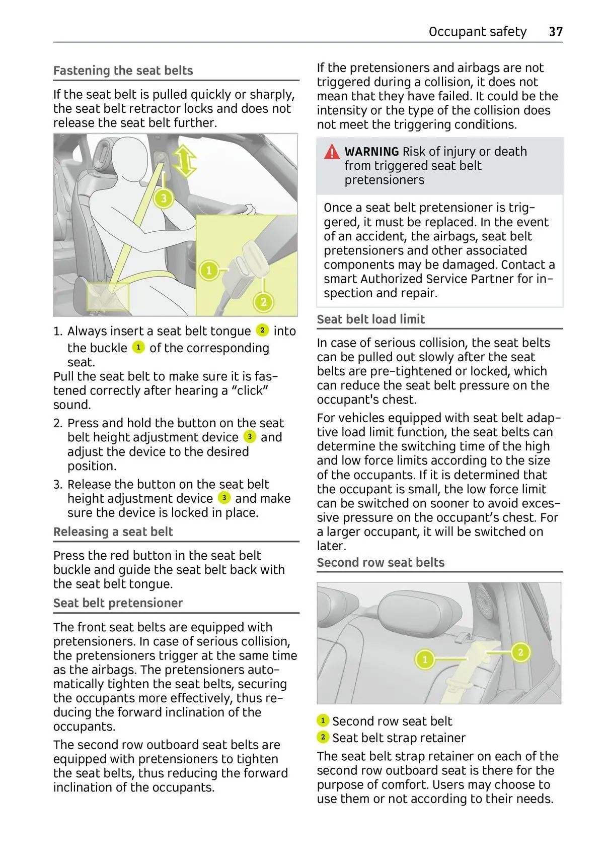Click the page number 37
[x=555, y=32]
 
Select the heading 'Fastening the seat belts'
[x=123, y=71]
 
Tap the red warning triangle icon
[x=332, y=152]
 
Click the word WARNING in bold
[x=371, y=152]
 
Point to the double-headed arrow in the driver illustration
[x=185, y=162]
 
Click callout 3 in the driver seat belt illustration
[x=164, y=199]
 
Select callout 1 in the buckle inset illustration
[x=209, y=271]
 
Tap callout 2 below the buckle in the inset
[x=263, y=302]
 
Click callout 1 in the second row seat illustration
[x=425, y=659]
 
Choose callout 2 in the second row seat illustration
[x=520, y=652]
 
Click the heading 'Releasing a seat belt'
[x=113, y=532]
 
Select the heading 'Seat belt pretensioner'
[x=118, y=603]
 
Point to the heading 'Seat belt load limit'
[x=370, y=319]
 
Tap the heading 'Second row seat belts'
[x=381, y=563]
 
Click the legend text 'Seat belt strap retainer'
[x=399, y=738]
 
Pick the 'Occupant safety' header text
[x=477, y=32]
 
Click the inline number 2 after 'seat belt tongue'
[x=262, y=331]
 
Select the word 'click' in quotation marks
[x=250, y=390]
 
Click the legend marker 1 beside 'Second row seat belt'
[x=323, y=720]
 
